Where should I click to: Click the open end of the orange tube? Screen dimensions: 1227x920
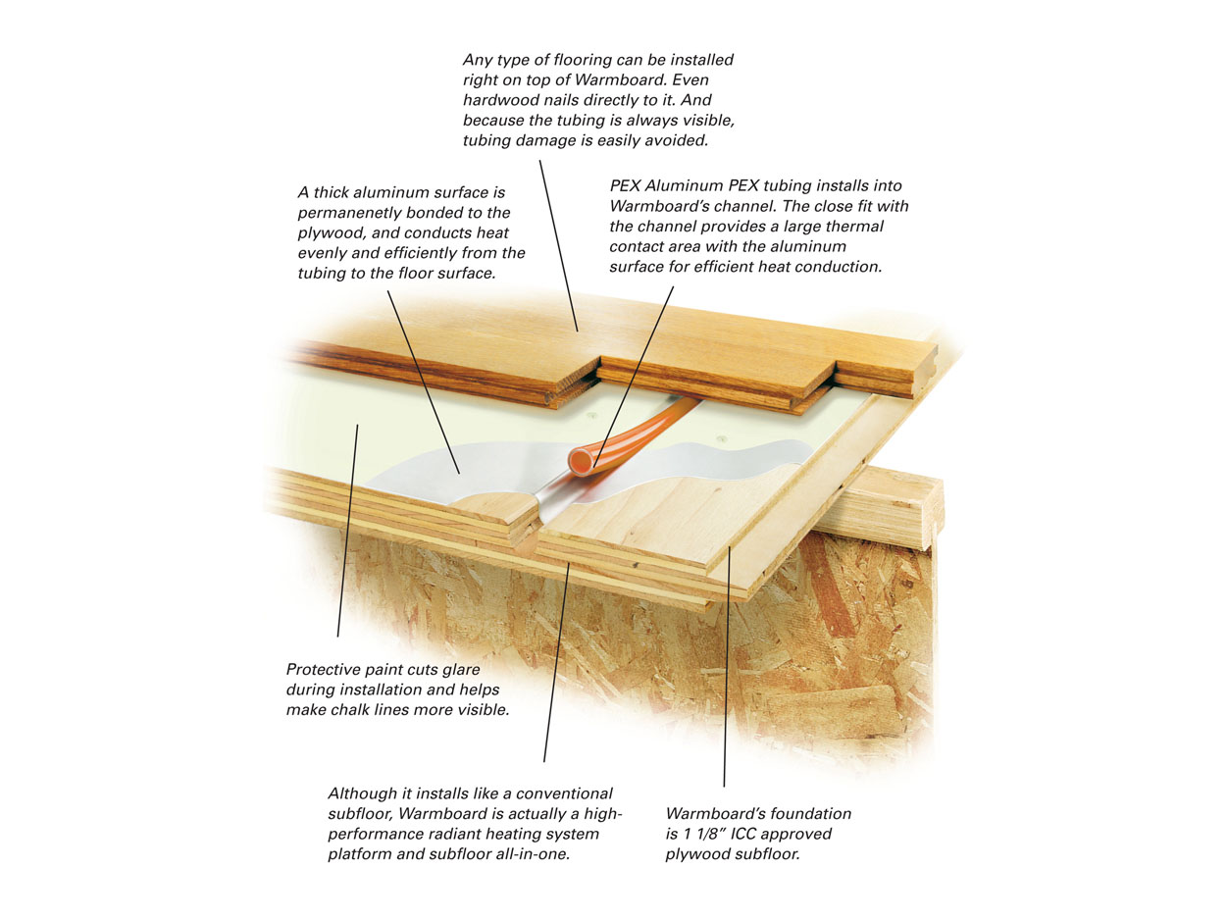click(x=581, y=461)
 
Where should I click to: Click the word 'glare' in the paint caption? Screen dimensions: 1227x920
click(x=461, y=670)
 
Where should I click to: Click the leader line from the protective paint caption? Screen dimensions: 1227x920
click(x=347, y=531)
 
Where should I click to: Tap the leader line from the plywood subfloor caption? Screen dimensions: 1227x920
click(x=726, y=667)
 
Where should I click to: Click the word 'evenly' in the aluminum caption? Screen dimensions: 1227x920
click(x=322, y=254)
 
